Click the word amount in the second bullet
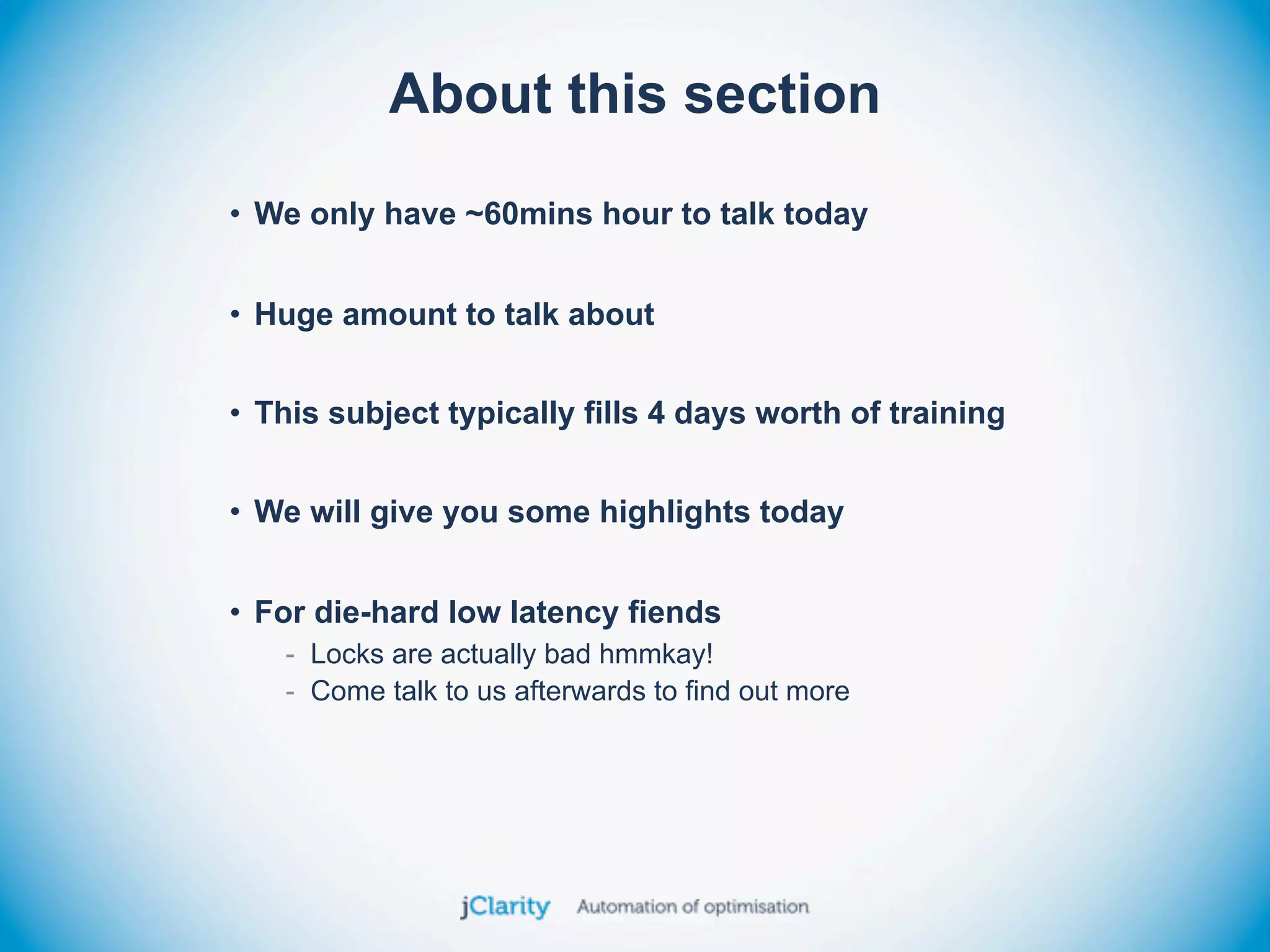399,315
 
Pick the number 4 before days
656,413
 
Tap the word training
947,413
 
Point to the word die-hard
376,612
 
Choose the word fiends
674,612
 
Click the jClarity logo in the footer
505,907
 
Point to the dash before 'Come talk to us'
290,692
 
